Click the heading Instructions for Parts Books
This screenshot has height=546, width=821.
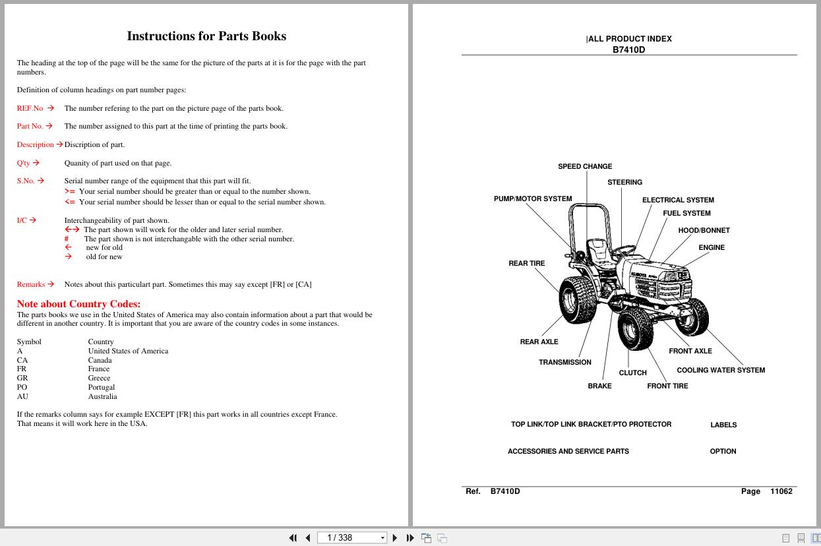click(x=206, y=36)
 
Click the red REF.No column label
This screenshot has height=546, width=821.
click(x=30, y=108)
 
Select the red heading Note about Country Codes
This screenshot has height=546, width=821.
click(x=78, y=304)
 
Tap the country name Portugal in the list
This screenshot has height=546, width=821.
click(x=102, y=387)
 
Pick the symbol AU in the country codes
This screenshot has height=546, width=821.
click(x=22, y=396)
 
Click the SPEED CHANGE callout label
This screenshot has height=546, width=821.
click(x=585, y=166)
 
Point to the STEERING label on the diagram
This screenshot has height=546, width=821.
click(x=624, y=182)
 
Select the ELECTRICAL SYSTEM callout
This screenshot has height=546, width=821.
click(x=678, y=200)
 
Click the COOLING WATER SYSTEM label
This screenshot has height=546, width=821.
click(x=721, y=370)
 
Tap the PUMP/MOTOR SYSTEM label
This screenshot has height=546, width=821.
click(x=533, y=198)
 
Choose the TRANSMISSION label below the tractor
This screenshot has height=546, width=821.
click(x=565, y=362)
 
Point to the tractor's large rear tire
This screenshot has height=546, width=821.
click(x=578, y=299)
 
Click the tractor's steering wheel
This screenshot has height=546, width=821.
click(x=623, y=249)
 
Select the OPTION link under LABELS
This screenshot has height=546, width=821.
click(x=723, y=451)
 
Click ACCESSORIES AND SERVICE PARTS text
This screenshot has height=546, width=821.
click(x=568, y=451)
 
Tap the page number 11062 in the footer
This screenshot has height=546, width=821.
click(x=781, y=491)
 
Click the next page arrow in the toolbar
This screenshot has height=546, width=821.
click(x=394, y=537)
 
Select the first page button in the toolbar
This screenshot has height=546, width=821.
click(x=293, y=537)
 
